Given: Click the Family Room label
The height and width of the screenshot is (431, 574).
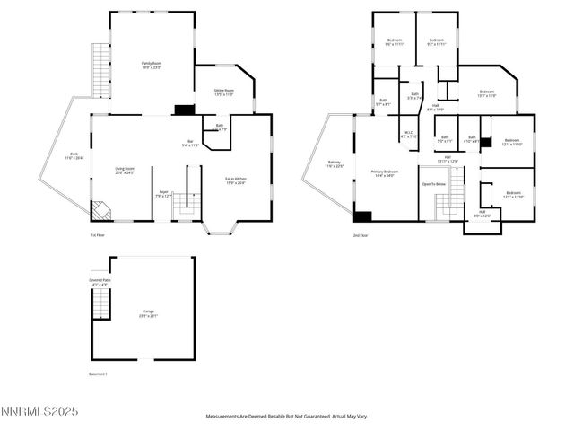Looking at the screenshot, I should point(151,65).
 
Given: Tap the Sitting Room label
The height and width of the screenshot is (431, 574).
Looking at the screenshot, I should point(223,92).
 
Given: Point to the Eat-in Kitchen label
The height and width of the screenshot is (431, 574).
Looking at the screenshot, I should point(235,181).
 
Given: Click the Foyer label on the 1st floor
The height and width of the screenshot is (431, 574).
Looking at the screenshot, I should point(163,193).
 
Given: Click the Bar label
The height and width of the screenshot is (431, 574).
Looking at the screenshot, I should point(190,143).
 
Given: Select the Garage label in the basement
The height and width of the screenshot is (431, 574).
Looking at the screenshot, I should point(147,314).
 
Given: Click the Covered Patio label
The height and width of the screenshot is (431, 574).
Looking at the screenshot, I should point(99,282).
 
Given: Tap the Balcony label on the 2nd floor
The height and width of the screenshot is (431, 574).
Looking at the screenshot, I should point(334,165).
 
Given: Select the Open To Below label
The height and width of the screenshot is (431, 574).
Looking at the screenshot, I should point(433,183).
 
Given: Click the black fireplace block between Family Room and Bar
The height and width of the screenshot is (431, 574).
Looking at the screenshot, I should point(184,110).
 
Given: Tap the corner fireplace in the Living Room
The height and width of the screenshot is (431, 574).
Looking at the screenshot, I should point(100,210).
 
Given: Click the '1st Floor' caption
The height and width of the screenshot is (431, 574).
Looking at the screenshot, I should point(98,235).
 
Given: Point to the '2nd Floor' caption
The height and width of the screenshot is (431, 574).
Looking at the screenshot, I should point(361,235).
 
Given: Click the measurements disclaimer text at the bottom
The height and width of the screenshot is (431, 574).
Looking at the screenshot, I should point(287,417).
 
